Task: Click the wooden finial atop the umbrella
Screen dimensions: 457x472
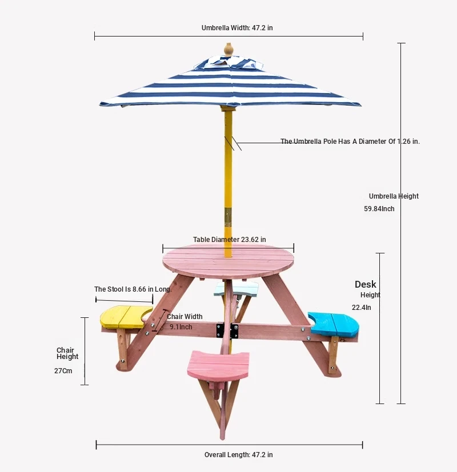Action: coord(228,49)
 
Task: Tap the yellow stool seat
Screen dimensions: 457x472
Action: coord(126,317)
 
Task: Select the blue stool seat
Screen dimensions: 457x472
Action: coord(334,324)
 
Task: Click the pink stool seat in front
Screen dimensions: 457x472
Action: coord(218,365)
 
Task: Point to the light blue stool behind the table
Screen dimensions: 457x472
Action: coord(236,289)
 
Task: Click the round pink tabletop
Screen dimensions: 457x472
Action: coord(228,261)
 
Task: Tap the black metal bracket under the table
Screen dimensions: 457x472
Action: coord(227,330)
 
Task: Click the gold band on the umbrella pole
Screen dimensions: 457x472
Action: coord(228,217)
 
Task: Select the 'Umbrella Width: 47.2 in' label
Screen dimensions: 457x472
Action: coord(237,28)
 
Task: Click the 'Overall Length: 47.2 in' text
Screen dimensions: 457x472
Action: coord(239,454)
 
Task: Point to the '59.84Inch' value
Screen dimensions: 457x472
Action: coord(379,209)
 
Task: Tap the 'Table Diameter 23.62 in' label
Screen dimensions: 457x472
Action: coord(230,240)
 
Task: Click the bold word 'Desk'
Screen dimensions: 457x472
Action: coord(366,284)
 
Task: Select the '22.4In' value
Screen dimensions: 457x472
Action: coord(362,308)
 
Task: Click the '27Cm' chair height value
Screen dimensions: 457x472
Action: coord(63,371)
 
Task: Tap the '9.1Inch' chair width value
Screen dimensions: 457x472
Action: coord(181,327)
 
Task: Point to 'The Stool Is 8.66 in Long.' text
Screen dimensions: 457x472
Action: coord(133,289)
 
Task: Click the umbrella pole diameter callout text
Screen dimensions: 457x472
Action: coord(350,142)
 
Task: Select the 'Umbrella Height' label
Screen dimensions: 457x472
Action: coord(394,196)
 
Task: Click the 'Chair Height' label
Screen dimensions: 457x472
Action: coord(67,353)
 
